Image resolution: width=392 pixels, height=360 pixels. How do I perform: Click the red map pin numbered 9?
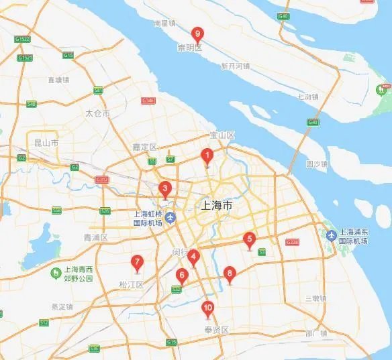(197, 34)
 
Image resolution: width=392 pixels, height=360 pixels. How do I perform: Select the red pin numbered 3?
(165, 189)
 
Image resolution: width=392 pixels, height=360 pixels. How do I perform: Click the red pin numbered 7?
(137, 263)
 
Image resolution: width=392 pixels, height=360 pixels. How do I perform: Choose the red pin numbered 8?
(230, 274)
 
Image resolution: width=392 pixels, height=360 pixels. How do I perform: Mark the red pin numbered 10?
(207, 309)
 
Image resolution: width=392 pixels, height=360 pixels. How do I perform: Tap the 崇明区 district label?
(189, 48)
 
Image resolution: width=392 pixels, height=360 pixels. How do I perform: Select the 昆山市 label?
(46, 143)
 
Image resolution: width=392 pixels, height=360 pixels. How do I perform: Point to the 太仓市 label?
(97, 114)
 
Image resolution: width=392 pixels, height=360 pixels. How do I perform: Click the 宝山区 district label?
(222, 135)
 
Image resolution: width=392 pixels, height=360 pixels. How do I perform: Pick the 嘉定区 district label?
(144, 147)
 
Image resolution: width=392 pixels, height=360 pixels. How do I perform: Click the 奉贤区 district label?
(217, 330)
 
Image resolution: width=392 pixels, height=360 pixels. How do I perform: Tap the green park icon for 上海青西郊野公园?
(57, 272)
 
